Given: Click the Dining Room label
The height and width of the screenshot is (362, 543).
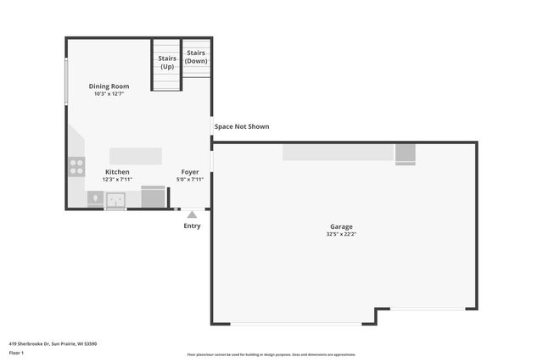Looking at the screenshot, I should click(109, 86).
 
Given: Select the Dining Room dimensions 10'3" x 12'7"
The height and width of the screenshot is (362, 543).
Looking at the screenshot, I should click(109, 94).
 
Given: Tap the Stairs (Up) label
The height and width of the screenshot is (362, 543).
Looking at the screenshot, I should click(167, 62).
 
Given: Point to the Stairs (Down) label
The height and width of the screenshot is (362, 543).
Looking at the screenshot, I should click(196, 57).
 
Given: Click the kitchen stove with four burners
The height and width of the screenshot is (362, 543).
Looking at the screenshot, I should click(76, 166).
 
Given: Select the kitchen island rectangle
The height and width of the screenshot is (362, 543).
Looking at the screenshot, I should click(136, 156).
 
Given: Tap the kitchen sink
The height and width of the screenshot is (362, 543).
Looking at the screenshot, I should click(114, 200).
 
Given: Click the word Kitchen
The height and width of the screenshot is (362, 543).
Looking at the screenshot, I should click(118, 172).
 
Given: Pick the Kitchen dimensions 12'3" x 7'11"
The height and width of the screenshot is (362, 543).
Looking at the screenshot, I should click(118, 180).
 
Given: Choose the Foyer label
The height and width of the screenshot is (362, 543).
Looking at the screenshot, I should click(190, 172).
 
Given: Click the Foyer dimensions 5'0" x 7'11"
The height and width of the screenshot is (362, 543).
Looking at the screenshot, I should click(190, 180).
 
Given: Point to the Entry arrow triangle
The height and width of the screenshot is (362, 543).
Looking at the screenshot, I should click(193, 214).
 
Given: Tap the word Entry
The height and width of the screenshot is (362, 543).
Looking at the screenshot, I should click(193, 226).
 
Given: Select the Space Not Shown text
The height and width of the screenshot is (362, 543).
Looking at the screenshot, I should click(242, 127).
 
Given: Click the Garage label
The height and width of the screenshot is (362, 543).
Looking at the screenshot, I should click(341, 226).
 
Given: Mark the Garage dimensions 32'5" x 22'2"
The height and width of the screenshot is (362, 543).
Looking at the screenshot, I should click(341, 235).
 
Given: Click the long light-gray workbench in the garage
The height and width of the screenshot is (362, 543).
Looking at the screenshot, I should click(339, 152).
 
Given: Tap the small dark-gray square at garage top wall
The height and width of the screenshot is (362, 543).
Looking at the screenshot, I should click(405, 153).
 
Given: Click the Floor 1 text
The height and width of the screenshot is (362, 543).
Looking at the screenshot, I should click(16, 352).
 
